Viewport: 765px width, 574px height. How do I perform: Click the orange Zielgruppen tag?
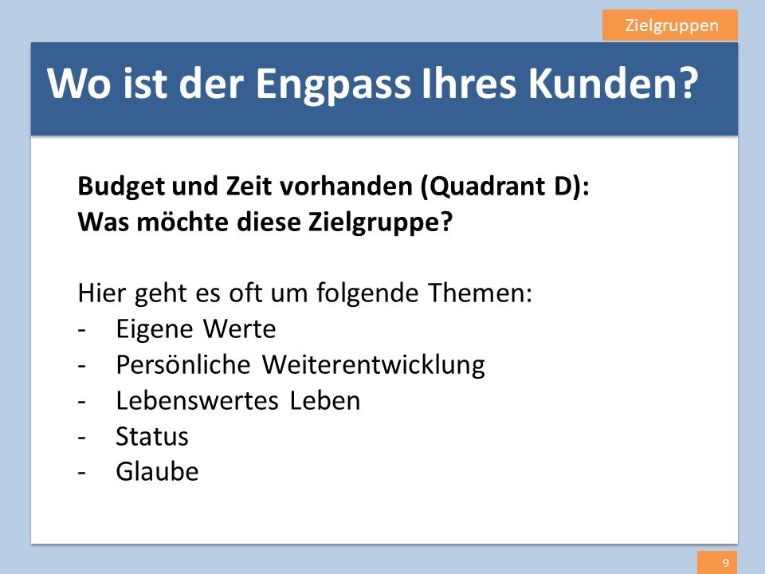(670, 26)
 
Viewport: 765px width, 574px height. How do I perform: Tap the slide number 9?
(726, 563)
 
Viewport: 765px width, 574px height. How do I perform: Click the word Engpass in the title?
(333, 85)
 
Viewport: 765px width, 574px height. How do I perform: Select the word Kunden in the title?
(614, 83)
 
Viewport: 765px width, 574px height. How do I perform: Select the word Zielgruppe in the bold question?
(380, 222)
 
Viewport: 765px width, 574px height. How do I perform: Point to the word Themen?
(480, 293)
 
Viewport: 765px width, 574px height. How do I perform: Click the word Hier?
(102, 293)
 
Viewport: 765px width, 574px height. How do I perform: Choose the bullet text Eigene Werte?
(196, 328)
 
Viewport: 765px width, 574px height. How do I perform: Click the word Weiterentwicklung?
(373, 364)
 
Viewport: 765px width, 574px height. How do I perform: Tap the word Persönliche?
(183, 364)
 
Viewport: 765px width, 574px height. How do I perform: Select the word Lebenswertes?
(197, 400)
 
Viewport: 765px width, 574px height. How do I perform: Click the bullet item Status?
(151, 436)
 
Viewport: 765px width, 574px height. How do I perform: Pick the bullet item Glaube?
(157, 471)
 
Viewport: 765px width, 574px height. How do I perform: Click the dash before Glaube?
(81, 473)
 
